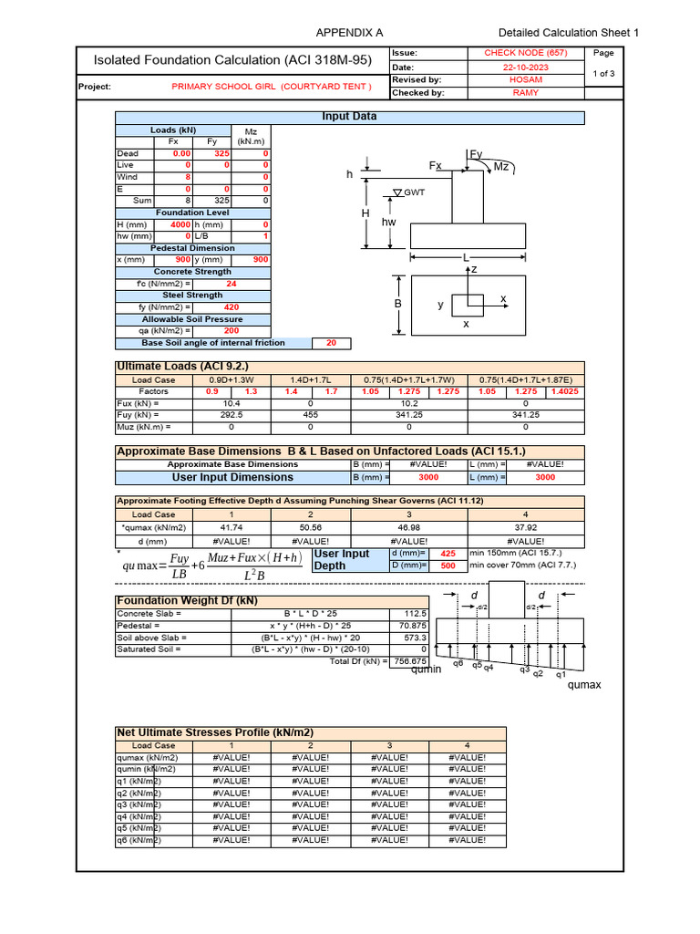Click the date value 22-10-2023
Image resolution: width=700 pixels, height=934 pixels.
pos(525,67)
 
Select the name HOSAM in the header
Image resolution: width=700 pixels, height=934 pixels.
pos(525,79)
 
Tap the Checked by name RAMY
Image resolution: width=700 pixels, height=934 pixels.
pos(525,92)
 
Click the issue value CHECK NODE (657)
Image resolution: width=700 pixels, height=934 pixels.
pos(525,54)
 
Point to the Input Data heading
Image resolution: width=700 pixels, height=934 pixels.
pos(349,117)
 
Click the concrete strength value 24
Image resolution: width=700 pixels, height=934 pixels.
pos(232,284)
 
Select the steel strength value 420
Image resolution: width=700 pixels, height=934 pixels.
pos(232,307)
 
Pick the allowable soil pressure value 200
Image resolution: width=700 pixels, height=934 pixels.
pos(232,331)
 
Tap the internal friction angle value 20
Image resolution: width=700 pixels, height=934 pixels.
pos(331,343)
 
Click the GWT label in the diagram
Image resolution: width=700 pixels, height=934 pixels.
pos(415,192)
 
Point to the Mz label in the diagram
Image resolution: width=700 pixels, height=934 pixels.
pos(500,166)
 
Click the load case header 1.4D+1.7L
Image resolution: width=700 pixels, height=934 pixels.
pos(310,379)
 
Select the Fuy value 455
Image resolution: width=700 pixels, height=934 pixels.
pos(310,414)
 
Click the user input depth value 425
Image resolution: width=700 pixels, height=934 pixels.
pos(448,554)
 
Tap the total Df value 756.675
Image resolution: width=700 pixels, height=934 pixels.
pos(408,661)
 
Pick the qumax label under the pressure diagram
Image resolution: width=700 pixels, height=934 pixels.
pos(584,684)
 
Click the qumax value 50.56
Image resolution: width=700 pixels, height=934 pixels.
pos(310,527)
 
